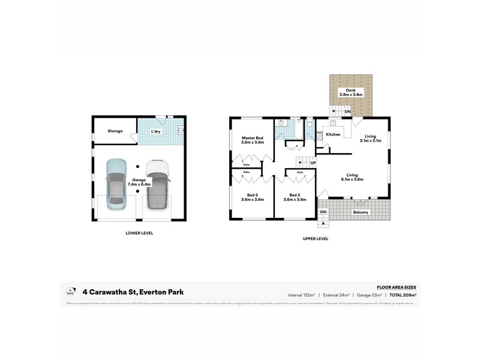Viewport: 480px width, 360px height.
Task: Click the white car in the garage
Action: click(x=157, y=184)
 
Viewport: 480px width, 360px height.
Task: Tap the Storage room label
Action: click(x=115, y=131)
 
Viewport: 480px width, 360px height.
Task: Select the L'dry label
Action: click(x=156, y=131)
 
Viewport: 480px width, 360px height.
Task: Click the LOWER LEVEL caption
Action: click(x=139, y=232)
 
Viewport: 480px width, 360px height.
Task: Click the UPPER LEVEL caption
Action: click(x=316, y=238)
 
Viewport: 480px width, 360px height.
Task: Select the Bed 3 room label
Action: click(x=294, y=197)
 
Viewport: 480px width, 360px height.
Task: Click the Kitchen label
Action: click(x=334, y=134)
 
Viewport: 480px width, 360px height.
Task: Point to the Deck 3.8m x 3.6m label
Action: click(x=350, y=92)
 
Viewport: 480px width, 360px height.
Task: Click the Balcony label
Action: click(x=361, y=212)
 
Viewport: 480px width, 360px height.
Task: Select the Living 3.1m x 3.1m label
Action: click(x=370, y=139)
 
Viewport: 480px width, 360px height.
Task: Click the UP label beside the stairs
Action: click(x=313, y=163)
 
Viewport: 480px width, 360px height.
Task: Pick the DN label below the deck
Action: click(x=346, y=112)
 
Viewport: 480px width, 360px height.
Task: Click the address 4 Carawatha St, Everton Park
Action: click(x=137, y=292)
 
